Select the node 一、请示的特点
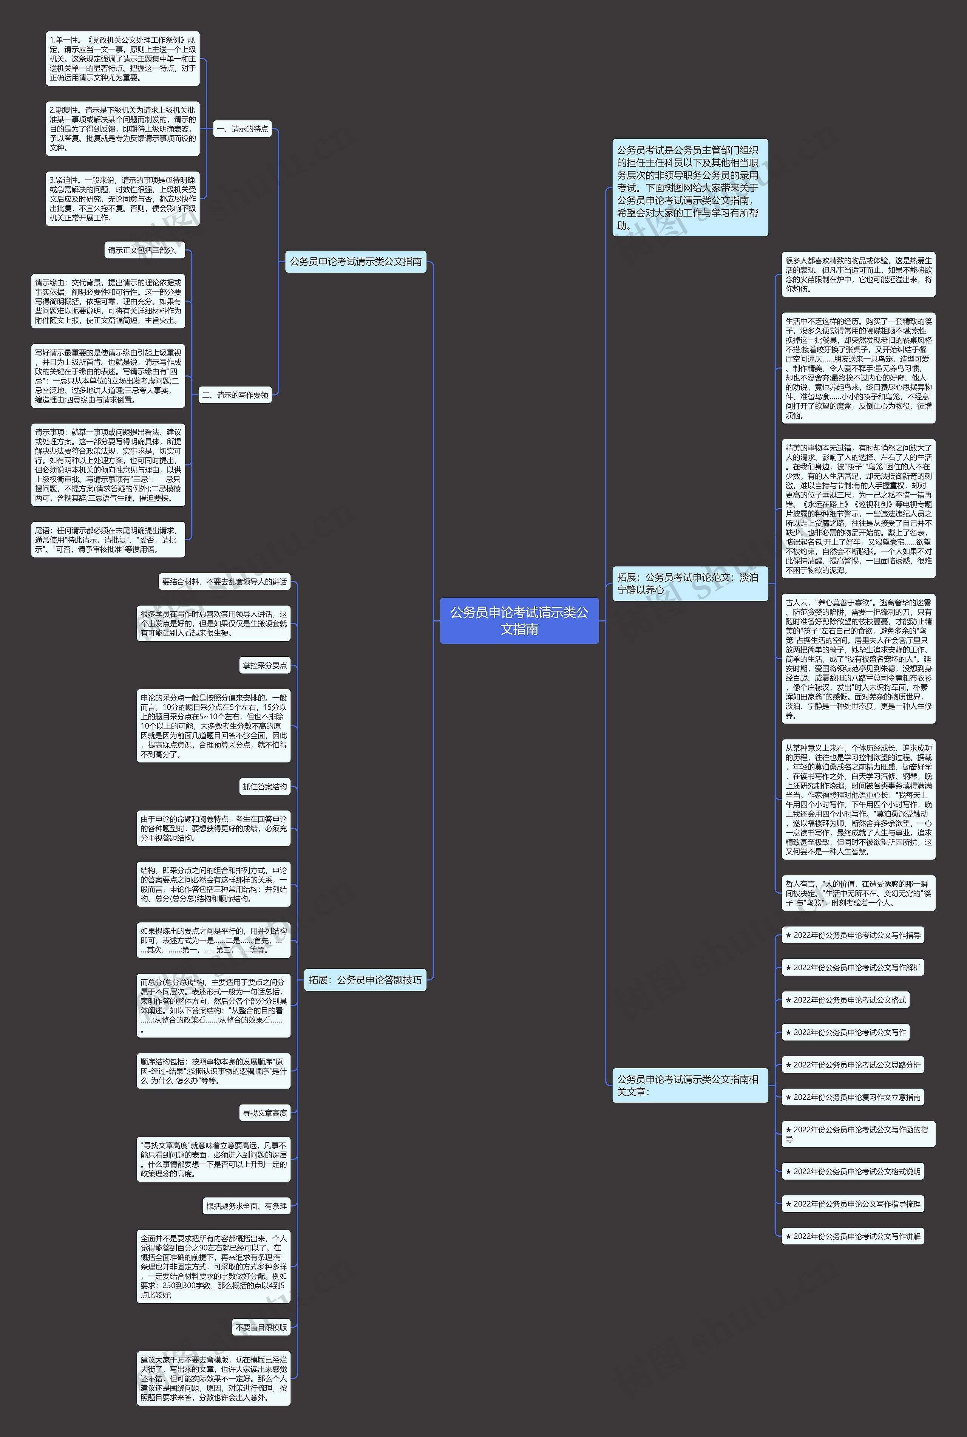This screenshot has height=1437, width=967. pyautogui.click(x=243, y=129)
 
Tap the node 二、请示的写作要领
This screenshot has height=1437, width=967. pyautogui.click(x=235, y=395)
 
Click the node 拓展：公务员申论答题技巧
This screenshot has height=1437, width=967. pyautogui.click(x=365, y=979)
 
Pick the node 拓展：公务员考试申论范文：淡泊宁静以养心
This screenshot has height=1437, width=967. pyautogui.click(x=689, y=583)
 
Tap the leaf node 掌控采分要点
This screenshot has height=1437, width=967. pyautogui.click(x=264, y=665)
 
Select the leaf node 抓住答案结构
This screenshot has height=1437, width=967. pyautogui.click(x=264, y=786)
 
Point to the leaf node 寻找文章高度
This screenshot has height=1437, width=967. pyautogui.click(x=264, y=1112)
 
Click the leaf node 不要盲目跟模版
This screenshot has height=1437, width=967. pyautogui.click(x=261, y=1327)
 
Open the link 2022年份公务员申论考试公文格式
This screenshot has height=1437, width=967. pyautogui.click(x=845, y=1000)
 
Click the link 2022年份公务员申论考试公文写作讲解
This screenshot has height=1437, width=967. pyautogui.click(x=853, y=1236)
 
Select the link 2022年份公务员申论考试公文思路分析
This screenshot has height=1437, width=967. pyautogui.click(x=853, y=1064)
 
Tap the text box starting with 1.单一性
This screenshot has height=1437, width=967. pyautogui.click(x=123, y=59)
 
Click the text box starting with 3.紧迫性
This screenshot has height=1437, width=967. pyautogui.click(x=123, y=199)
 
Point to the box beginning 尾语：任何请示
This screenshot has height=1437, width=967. pyautogui.click(x=108, y=540)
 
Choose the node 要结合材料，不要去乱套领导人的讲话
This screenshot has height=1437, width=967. pyautogui.click(x=224, y=582)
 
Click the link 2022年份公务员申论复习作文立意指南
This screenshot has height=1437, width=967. pyautogui.click(x=853, y=1097)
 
